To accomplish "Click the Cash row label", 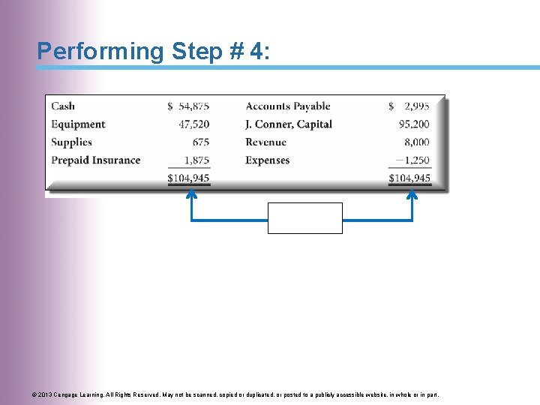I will tap(63, 106).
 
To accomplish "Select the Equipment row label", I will tap(78, 124).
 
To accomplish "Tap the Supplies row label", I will tap(71, 142).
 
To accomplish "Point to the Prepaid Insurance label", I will tap(95, 160).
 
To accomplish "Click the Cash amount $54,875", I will tap(188, 106).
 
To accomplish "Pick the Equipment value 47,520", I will tap(195, 124).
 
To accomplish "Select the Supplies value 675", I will tap(200, 142).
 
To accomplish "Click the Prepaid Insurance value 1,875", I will tap(196, 160).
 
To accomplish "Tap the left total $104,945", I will tap(188, 178).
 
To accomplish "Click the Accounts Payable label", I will tap(287, 106).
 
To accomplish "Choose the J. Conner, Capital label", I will tap(288, 124).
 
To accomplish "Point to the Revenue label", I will tap(265, 142).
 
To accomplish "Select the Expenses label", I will tap(267, 160).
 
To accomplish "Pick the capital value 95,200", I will tap(415, 124).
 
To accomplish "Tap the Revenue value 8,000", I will tap(417, 142).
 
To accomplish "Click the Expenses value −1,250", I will tap(412, 160).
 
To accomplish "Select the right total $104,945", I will tap(409, 178).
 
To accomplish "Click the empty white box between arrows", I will tap(304, 218).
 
